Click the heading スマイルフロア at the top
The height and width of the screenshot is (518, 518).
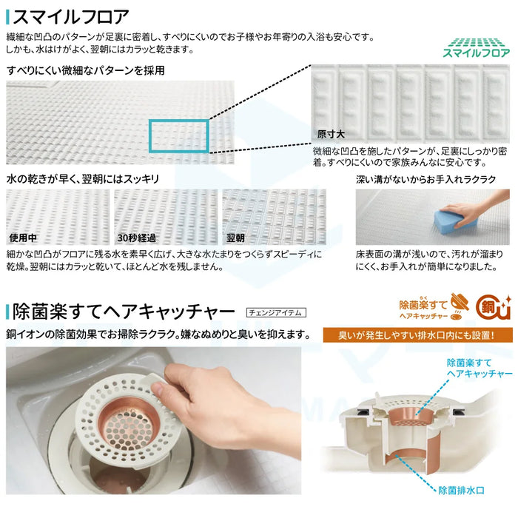pos(70,17)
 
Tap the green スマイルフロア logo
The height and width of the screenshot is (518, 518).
pos(476,48)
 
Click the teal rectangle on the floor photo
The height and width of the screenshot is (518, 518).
pos(179,136)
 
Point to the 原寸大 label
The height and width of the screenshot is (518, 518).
pos(331,134)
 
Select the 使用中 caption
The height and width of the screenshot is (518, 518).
pos(23,238)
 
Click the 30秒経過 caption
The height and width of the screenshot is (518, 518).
pos(136,238)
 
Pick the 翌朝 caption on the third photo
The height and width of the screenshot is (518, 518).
pos(235,238)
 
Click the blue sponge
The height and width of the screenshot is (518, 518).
pos(454,220)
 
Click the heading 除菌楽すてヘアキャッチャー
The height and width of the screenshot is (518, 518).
pos(124,312)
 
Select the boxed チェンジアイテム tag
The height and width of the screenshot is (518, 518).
pos(276,312)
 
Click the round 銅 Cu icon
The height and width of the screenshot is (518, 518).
pos(493,308)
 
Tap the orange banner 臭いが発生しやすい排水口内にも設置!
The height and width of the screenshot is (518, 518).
pos(417,335)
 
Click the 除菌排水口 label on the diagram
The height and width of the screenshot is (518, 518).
pos(461,490)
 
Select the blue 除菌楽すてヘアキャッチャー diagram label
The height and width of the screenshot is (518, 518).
pos(480,369)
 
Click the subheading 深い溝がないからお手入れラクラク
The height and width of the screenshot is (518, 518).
pos(425,179)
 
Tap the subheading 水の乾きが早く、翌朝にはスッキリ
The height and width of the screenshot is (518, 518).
pos(83,179)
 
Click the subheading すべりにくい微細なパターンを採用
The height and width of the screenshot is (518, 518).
pos(86,70)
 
